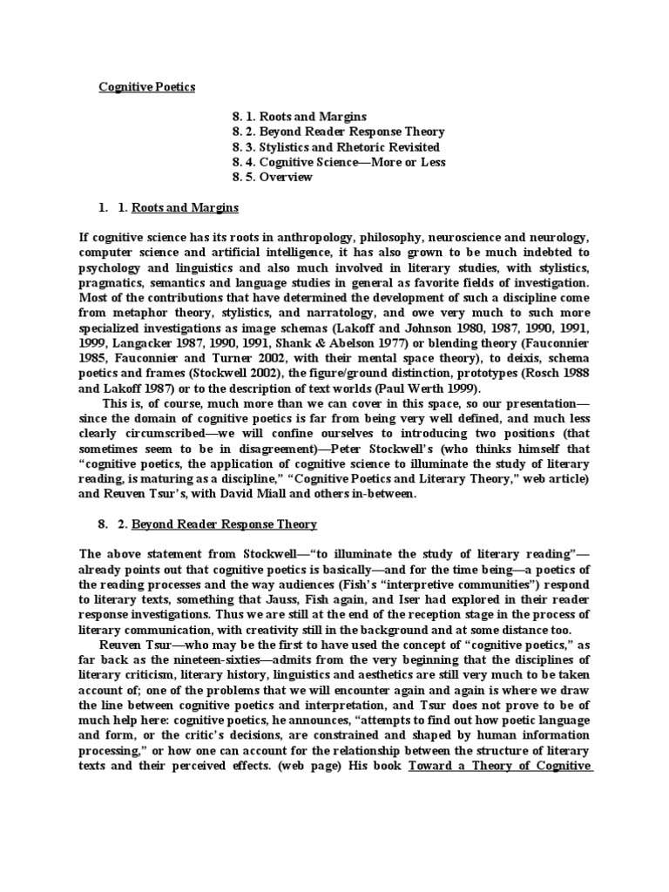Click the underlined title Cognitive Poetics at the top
pyautogui.click(x=146, y=87)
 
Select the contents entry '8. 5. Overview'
pyautogui.click(x=272, y=178)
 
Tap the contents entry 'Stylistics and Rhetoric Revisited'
pyautogui.click(x=335, y=147)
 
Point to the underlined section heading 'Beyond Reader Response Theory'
pyautogui.click(x=224, y=524)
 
